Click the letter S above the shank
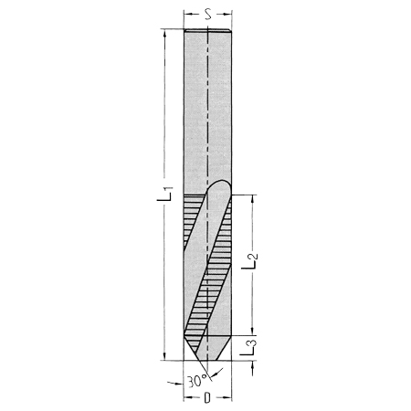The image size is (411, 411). [208, 15]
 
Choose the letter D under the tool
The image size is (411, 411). [207, 398]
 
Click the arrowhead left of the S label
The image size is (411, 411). [188, 15]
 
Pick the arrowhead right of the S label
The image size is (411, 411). [227, 15]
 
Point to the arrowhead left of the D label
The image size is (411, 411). [188, 398]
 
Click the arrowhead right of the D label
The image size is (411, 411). [227, 398]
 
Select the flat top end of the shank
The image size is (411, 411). [207, 33]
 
